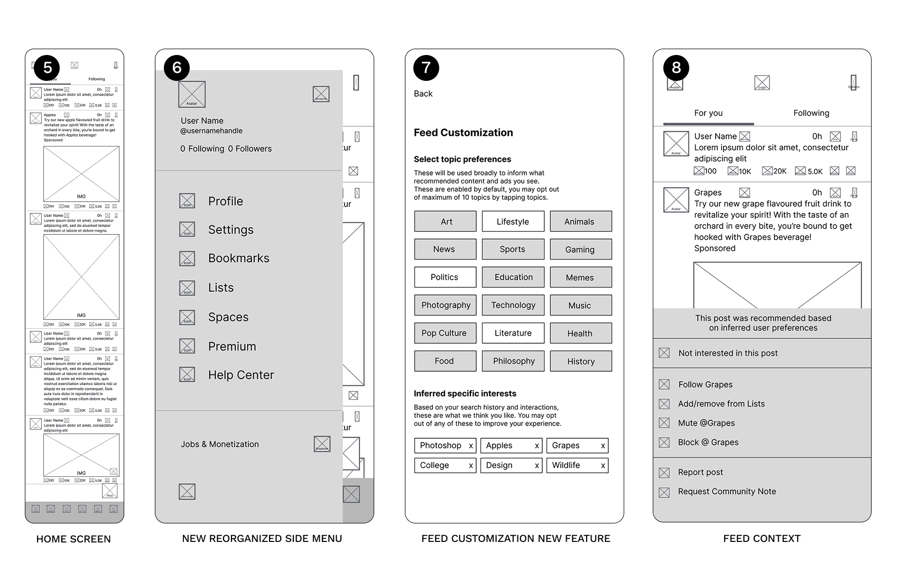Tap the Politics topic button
[x=445, y=277]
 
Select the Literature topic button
[x=513, y=333]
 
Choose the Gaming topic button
[x=580, y=249]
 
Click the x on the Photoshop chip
[x=470, y=446]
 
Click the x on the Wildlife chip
[x=603, y=465]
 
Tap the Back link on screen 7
[x=423, y=94]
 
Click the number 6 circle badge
[x=177, y=68]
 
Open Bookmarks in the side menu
[x=238, y=259]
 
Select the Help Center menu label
[x=240, y=375]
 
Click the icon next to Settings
[x=187, y=229]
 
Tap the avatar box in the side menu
[x=192, y=95]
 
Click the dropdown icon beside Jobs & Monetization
[x=322, y=444]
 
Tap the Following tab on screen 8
[x=811, y=113]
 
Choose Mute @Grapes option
[x=706, y=423]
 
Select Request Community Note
[x=727, y=492]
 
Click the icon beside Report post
[x=664, y=473]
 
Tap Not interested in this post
[x=728, y=353]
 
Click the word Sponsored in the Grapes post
[x=715, y=248]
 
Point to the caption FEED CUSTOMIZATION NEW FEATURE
[x=515, y=539]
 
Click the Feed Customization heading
[x=463, y=133]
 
